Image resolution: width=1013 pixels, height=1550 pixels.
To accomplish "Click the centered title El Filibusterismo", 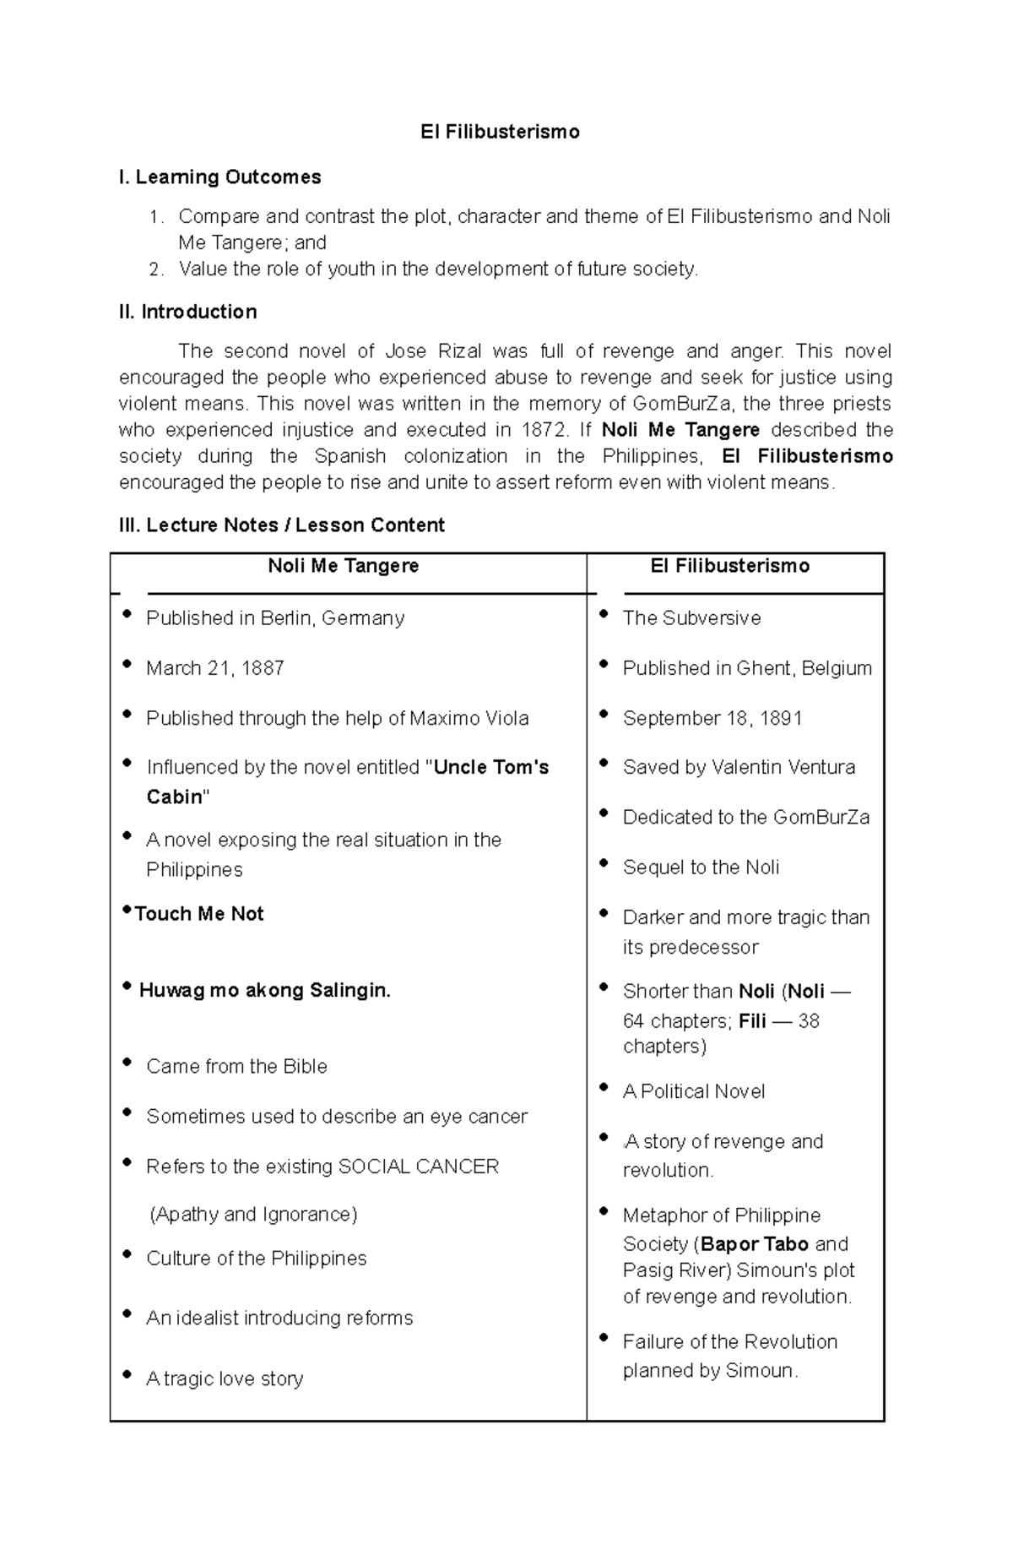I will tap(500, 132).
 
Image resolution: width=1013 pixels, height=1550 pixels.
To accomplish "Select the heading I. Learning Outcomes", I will tap(220, 177).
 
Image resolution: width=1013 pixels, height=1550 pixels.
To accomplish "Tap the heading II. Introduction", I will tap(188, 312).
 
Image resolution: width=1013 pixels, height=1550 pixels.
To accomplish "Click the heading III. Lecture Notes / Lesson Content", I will tap(282, 525).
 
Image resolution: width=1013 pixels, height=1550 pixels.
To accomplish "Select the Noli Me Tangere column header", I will tap(343, 566).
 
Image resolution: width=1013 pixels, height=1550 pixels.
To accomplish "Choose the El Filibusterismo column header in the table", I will tap(729, 566).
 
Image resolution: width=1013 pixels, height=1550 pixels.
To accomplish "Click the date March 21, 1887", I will tap(214, 668).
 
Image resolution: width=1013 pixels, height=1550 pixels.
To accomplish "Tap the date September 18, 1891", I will tap(712, 718).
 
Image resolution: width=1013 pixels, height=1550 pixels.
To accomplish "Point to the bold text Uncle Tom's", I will tap(490, 767).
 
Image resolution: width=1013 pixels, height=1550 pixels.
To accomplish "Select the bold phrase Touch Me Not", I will tap(199, 914).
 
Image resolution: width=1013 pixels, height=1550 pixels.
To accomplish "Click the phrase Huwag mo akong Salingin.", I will tap(264, 990).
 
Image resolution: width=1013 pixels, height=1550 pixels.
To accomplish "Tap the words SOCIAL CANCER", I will tap(418, 1167).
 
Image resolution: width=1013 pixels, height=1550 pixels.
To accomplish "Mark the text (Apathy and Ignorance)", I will tap(253, 1215).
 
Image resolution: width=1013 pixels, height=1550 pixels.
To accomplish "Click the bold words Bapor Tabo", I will tap(755, 1243).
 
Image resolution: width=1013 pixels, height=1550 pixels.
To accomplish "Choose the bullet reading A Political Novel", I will tap(693, 1091).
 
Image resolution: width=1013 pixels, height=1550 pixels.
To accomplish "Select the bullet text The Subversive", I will tap(691, 618).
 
